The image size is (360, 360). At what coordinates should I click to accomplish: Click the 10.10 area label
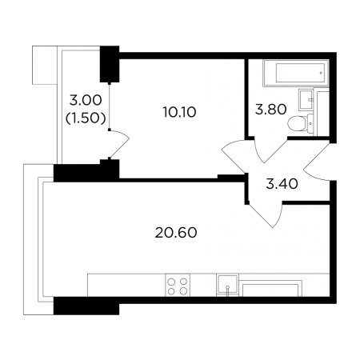click(179, 112)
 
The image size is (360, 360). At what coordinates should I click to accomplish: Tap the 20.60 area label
click(176, 233)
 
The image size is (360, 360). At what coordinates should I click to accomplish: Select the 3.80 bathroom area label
click(271, 110)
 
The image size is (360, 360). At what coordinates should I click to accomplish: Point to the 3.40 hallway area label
click(282, 184)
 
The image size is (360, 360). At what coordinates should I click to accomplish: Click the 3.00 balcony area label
click(86, 101)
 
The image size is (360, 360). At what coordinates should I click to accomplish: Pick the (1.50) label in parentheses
click(86, 118)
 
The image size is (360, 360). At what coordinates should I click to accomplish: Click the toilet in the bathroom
click(300, 123)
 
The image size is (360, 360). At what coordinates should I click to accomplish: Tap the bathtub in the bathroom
click(295, 73)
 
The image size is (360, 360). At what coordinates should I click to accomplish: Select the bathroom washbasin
click(306, 99)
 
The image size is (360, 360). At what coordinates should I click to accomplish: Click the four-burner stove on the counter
click(178, 285)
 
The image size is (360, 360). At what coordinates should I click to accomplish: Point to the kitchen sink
click(227, 285)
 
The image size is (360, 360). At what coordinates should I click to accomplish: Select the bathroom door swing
click(270, 150)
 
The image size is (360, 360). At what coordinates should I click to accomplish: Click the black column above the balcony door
click(110, 64)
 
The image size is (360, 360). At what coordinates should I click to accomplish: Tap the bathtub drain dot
click(322, 73)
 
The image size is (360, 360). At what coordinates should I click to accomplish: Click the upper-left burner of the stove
click(172, 282)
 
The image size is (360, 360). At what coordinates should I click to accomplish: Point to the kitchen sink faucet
click(227, 290)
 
